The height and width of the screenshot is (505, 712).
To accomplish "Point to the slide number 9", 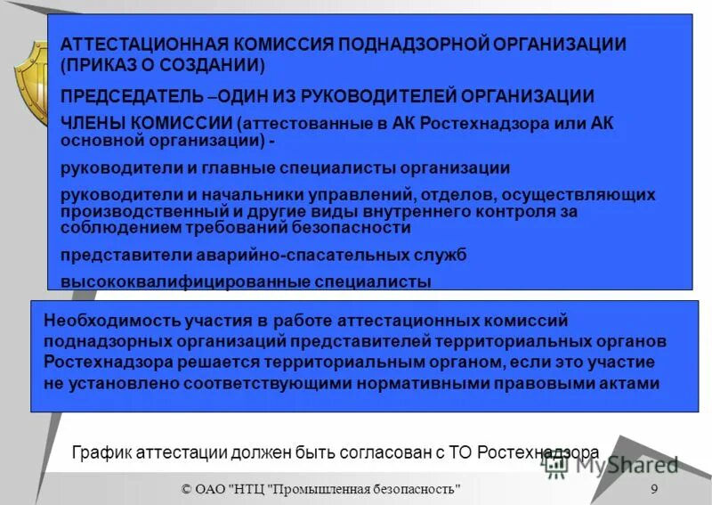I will [x=654, y=489].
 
